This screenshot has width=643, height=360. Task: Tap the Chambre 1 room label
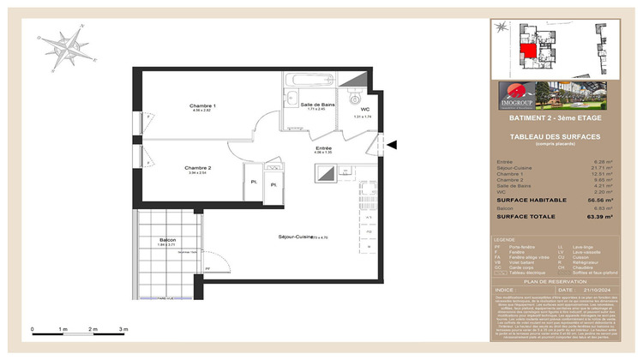[202, 105]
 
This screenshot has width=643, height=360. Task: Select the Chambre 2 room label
[198, 167]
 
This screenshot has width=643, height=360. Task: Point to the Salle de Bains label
[316, 105]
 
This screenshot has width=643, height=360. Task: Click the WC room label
[364, 110]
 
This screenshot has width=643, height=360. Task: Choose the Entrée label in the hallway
[322, 148]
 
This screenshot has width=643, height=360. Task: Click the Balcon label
[167, 240]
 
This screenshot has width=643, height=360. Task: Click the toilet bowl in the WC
[354, 99]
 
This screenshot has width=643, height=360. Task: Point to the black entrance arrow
[394, 145]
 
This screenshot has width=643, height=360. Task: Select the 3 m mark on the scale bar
[123, 329]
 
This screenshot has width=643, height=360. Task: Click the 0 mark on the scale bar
[32, 329]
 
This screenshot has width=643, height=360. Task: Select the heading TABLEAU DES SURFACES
[555, 137]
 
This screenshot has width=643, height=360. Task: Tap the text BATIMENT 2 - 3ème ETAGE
[555, 117]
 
